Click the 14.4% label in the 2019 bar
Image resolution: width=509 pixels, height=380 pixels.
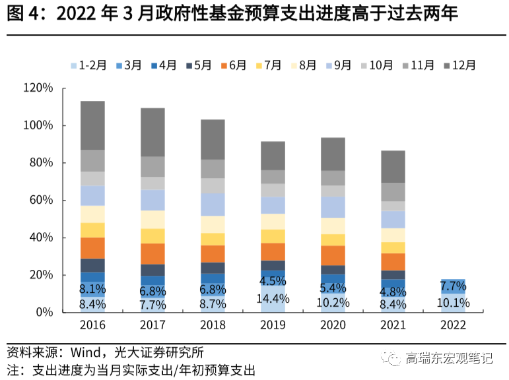point(273,298)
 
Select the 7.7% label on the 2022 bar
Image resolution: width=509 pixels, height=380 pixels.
point(454,286)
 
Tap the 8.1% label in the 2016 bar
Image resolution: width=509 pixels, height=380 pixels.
point(92,289)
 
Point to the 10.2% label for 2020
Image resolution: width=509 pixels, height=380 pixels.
point(333,303)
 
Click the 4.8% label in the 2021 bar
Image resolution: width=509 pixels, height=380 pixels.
point(393,292)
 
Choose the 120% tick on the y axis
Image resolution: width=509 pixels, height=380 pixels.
point(38,88)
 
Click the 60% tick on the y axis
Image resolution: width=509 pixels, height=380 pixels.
point(41,200)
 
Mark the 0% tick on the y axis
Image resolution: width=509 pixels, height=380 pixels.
point(44,312)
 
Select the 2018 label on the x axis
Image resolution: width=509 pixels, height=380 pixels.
point(213,325)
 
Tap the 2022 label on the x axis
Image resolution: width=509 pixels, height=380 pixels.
point(453,325)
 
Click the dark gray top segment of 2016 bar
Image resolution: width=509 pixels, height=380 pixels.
point(92,125)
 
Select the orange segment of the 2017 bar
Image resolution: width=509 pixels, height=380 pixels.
point(153,253)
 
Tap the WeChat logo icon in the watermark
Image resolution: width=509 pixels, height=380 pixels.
point(394,359)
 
